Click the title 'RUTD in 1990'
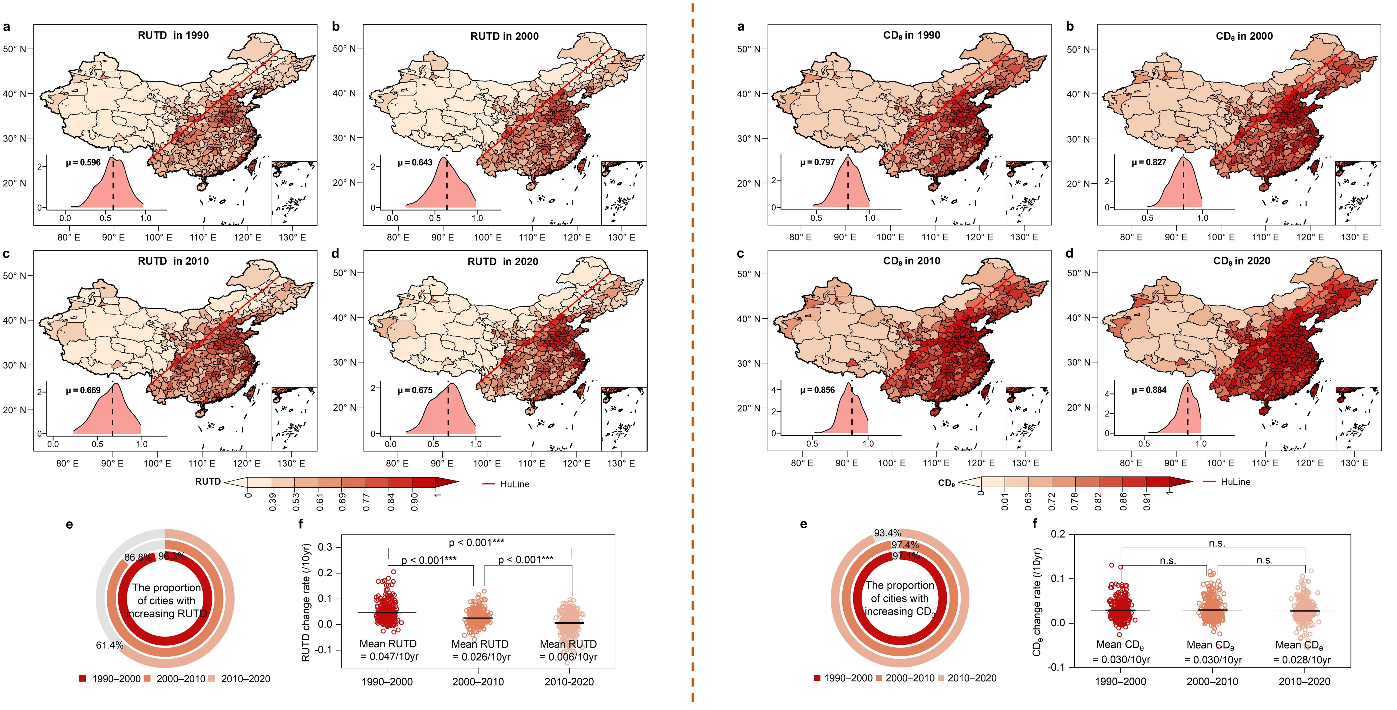pos(173,35)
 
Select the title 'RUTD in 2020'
pos(503,262)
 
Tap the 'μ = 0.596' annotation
pos(83,162)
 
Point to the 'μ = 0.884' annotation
pos(1149,390)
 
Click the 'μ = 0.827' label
pos(1149,162)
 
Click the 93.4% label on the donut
pos(887,533)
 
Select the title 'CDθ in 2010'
pos(912,261)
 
